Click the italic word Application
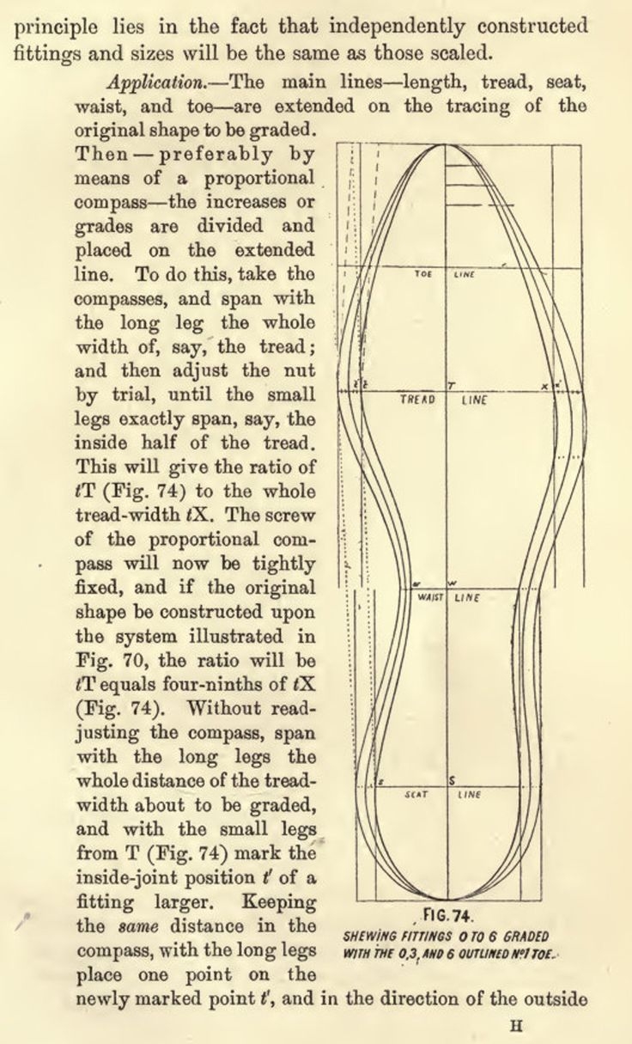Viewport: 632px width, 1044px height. (x=152, y=83)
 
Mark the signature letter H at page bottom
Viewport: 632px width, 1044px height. (x=516, y=1024)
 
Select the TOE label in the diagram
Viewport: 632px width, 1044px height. (x=422, y=275)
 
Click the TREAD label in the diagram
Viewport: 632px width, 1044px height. (x=418, y=400)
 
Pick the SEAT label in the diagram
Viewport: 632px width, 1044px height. (x=416, y=795)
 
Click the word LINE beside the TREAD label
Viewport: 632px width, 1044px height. (x=474, y=400)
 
